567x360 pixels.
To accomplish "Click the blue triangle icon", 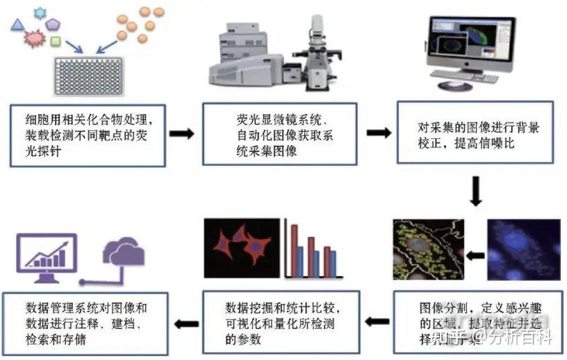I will tap(18, 26).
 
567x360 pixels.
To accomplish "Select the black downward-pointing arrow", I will tap(476, 191).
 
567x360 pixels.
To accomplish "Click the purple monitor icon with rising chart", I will tap(46, 258).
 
